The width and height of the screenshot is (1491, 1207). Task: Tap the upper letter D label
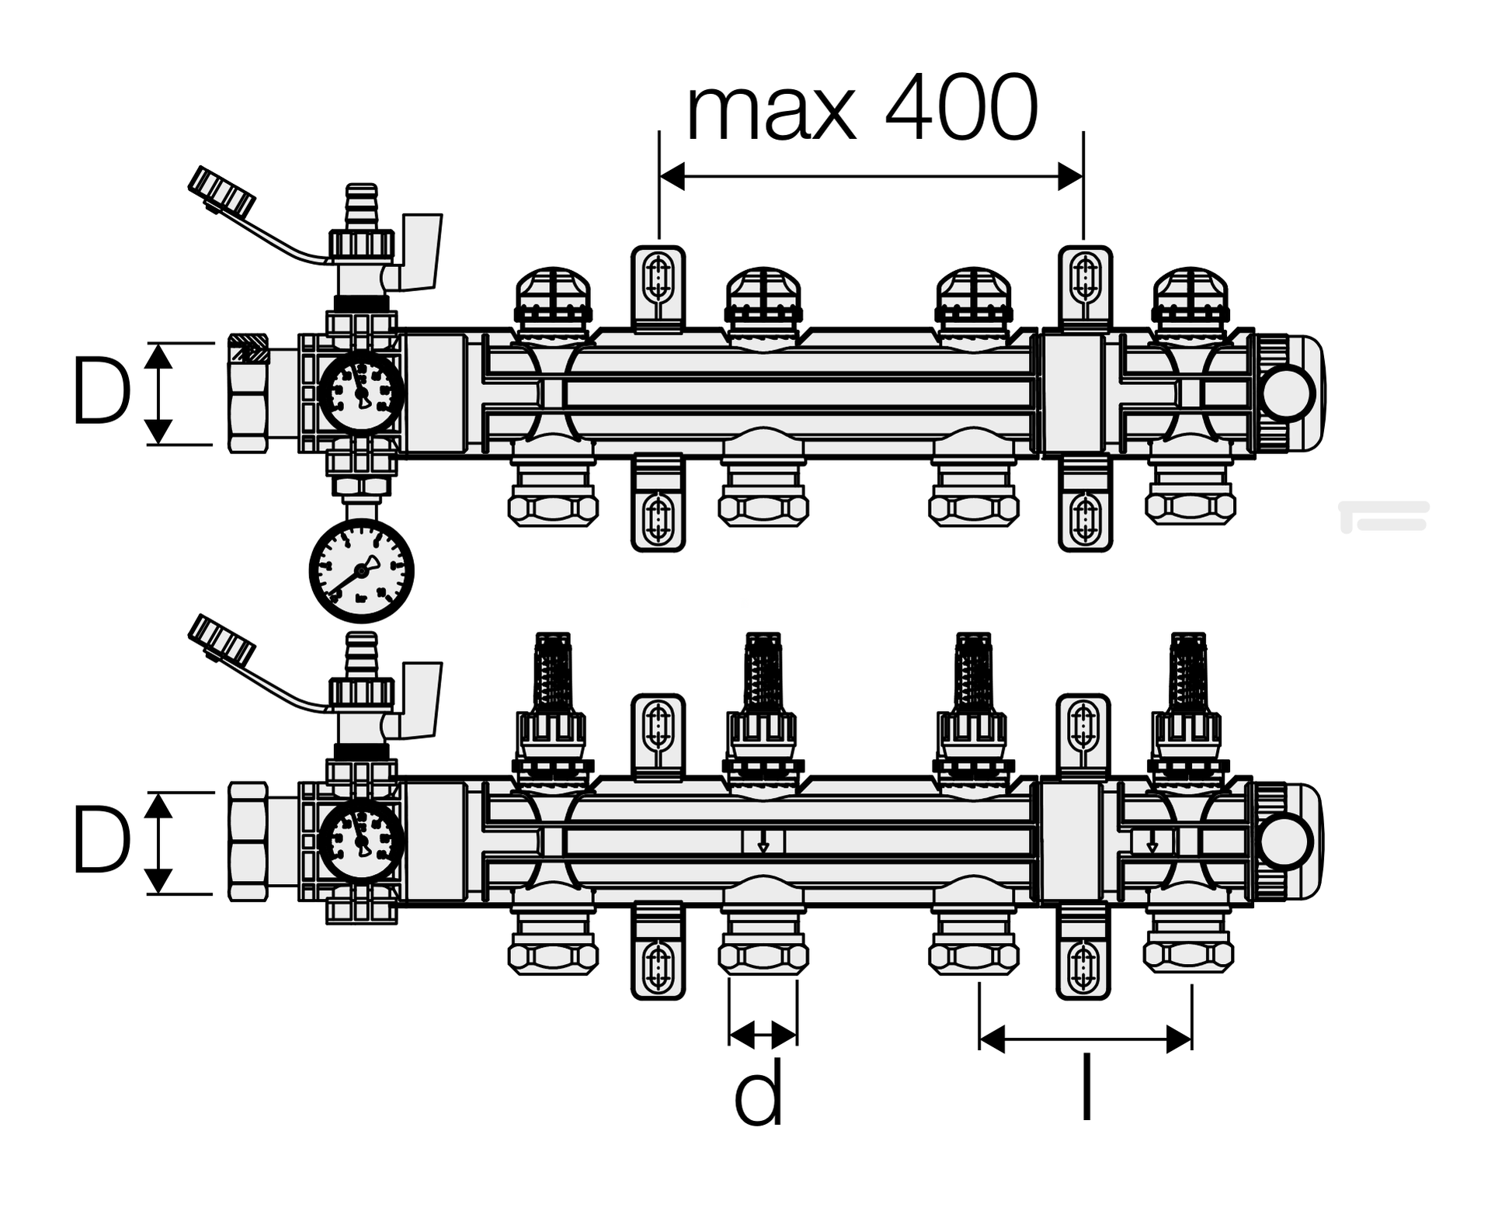click(101, 392)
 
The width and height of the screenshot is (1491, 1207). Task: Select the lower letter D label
click(101, 841)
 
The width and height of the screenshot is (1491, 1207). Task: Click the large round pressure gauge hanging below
click(361, 571)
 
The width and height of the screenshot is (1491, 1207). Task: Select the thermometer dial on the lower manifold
click(361, 842)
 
